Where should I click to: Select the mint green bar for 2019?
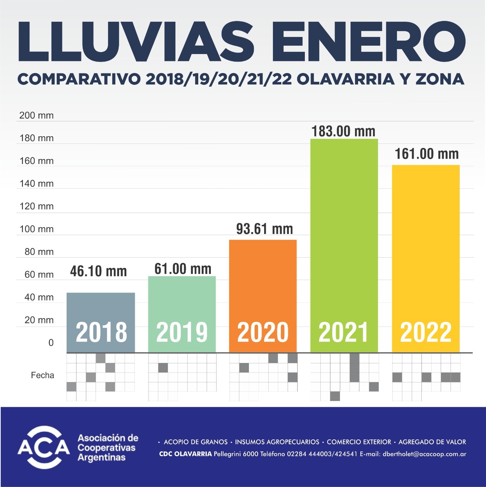182,301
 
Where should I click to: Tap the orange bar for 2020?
263,282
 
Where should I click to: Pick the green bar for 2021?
344,228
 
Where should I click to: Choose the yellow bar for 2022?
425,243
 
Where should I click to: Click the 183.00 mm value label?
343,131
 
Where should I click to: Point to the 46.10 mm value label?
99,271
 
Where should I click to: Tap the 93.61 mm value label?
265,229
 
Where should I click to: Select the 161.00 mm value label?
427,154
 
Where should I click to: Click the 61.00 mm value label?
183,269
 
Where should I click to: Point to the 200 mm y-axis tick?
37,115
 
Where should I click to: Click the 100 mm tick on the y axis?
37,229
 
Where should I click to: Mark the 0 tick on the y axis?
51,343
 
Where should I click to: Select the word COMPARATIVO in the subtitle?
79,79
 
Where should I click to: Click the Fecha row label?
43,376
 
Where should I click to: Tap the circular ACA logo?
44,447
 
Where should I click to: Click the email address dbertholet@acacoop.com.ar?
424,454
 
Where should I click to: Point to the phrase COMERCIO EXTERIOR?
359,442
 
